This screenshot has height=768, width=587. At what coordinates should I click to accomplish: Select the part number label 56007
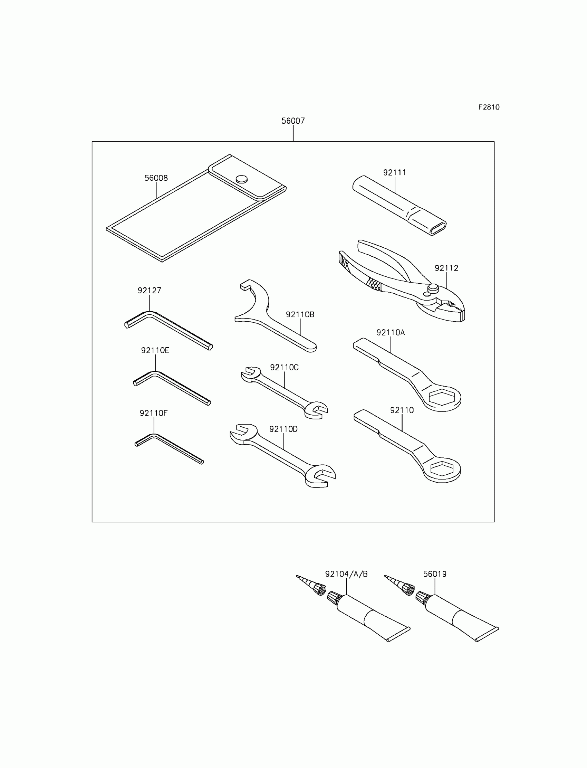(293, 121)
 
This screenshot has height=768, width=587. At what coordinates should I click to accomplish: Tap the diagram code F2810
(489, 107)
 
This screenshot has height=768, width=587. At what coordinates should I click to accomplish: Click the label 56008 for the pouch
(156, 178)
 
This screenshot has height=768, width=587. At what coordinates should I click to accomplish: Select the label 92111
(394, 172)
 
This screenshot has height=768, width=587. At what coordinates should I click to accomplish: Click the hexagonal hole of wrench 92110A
(442, 397)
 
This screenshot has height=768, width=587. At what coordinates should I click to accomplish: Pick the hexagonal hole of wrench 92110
(442, 468)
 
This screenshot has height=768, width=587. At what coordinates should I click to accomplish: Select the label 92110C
(284, 367)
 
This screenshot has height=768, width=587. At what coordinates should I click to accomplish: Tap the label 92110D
(283, 429)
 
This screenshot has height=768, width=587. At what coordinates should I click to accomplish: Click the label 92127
(149, 291)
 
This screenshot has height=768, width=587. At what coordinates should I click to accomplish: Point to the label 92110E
(155, 350)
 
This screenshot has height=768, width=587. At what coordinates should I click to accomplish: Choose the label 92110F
(153, 413)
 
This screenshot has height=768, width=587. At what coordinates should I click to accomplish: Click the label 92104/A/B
(346, 574)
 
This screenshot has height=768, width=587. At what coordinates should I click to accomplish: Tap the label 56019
(435, 574)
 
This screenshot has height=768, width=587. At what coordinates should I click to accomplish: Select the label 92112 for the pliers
(446, 268)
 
